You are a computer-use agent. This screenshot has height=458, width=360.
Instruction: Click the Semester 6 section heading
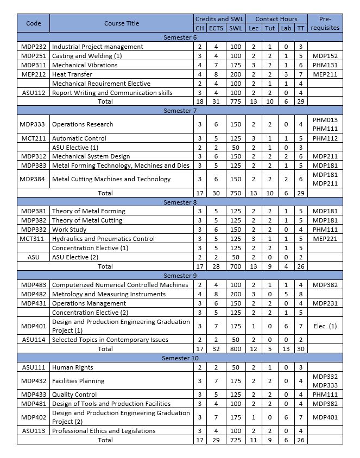point(180,37)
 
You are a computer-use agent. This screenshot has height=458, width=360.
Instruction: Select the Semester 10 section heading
point(180,358)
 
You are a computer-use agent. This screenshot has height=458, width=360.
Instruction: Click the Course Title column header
point(122,23)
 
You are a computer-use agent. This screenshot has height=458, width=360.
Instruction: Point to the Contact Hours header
point(276,19)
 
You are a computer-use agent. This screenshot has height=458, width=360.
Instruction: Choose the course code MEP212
point(34,74)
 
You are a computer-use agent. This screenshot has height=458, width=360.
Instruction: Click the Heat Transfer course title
point(72,74)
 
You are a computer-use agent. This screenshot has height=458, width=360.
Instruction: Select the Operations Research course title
point(83,124)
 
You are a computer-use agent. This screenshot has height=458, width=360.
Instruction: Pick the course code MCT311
point(34,239)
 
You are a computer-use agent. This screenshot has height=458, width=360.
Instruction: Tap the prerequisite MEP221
point(326,239)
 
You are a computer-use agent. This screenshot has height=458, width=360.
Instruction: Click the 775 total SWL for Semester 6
point(236,101)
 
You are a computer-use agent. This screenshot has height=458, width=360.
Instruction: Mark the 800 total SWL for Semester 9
point(236,349)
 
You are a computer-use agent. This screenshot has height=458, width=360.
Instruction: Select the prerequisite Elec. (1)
point(326,326)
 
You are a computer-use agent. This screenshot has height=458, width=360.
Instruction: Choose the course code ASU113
point(34,431)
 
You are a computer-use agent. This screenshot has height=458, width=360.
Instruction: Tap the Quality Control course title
point(74,395)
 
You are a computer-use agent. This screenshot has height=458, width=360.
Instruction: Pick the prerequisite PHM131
point(326,65)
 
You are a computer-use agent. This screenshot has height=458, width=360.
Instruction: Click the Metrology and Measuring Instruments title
point(109,294)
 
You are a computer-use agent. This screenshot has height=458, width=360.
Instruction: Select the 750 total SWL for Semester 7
point(236,193)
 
